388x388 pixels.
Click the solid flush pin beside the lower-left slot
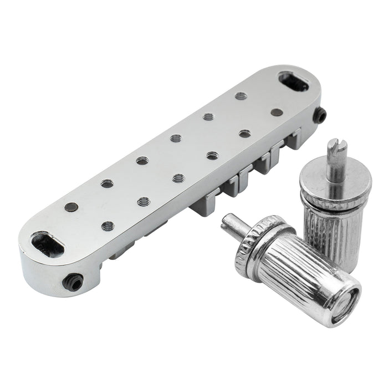tap(70, 207)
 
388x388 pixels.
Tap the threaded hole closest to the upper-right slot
tap(241, 95)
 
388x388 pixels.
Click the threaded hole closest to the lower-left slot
tap(108, 226)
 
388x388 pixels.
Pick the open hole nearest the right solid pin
tap(244, 134)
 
